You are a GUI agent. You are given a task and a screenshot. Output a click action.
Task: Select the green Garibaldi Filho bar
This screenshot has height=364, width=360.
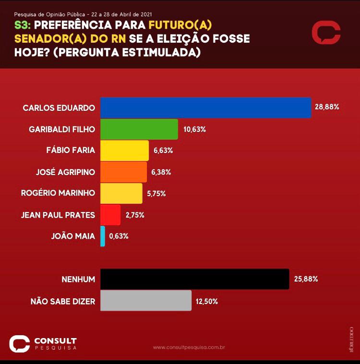pos(139,129)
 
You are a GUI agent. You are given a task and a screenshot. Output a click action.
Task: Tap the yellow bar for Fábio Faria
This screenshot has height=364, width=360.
pos(124,151)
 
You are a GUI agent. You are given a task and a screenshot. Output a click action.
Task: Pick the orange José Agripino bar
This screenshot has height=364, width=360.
pos(123,172)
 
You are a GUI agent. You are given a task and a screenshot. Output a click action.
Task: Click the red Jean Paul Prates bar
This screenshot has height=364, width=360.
pos(110,215)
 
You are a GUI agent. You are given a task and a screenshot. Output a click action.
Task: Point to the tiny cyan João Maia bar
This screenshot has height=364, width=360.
pos(103,236)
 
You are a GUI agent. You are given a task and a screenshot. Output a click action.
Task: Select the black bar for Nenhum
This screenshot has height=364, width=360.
pos(194,279)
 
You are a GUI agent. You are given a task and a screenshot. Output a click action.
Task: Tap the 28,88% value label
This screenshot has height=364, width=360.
pos(327,107)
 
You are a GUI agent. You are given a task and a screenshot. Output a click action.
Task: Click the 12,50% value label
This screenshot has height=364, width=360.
pos(207,302)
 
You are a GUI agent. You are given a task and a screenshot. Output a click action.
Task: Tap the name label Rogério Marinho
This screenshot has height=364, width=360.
pos(58,193)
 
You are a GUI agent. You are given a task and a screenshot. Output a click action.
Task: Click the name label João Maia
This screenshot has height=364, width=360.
pos(72,236)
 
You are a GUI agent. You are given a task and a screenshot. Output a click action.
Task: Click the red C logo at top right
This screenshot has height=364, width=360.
pos(326,33)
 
